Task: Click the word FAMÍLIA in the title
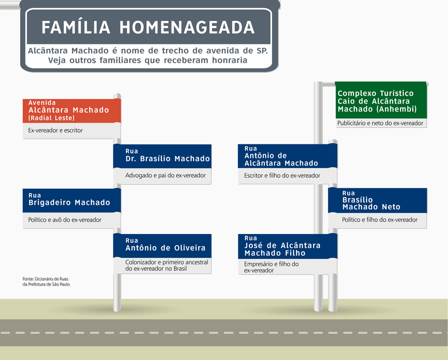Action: click(76, 27)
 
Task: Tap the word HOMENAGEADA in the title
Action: click(187, 27)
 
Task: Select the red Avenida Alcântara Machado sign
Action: click(72, 111)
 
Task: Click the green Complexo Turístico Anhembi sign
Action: click(381, 100)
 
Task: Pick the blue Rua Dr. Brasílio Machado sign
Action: click(162, 156)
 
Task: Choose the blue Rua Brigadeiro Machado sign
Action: click(72, 200)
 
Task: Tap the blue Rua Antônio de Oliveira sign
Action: click(162, 246)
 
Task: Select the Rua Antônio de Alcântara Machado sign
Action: click(288, 156)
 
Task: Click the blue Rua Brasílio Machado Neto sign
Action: click(377, 200)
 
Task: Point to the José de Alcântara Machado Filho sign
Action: click(288, 246)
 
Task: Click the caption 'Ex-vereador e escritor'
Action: click(56, 130)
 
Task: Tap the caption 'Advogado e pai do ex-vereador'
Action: click(165, 175)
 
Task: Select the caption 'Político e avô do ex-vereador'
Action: click(65, 220)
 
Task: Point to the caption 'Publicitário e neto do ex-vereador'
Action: click(380, 123)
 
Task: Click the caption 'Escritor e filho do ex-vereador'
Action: click(282, 176)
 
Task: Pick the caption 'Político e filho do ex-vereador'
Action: click(380, 220)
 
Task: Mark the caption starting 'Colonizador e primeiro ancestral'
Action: click(167, 265)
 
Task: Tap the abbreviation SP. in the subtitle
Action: click(262, 51)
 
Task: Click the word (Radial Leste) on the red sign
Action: click(52, 118)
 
